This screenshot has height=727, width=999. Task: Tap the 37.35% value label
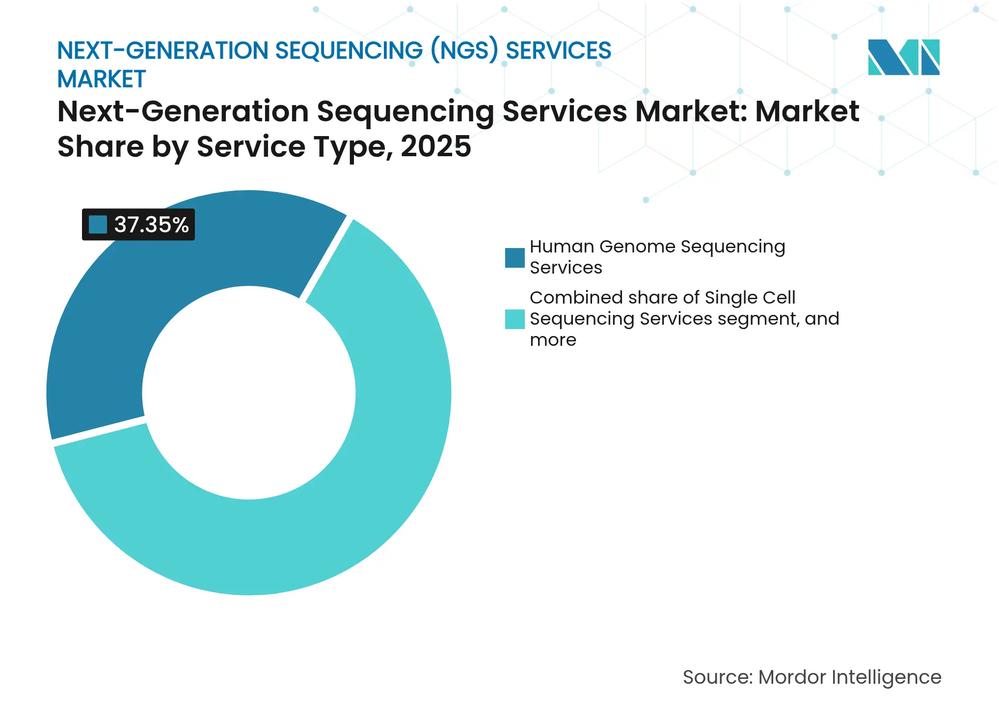pyautogui.click(x=151, y=225)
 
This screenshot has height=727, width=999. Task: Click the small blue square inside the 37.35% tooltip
pyautogui.click(x=98, y=225)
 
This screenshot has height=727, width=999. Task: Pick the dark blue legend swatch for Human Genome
pyautogui.click(x=514, y=258)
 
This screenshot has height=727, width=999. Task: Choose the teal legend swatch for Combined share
pyautogui.click(x=514, y=319)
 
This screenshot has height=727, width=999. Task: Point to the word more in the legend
pyautogui.click(x=553, y=340)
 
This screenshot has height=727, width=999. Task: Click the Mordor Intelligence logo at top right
pyautogui.click(x=903, y=57)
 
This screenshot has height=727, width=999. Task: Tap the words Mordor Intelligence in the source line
pyautogui.click(x=849, y=677)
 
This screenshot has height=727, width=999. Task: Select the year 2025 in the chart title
pyautogui.click(x=435, y=146)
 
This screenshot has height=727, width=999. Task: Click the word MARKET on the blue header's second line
pyautogui.click(x=102, y=80)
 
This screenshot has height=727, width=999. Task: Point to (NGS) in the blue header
pyautogui.click(x=464, y=51)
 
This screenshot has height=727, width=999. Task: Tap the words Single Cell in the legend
pyautogui.click(x=750, y=298)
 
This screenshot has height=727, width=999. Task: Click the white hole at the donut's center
pyautogui.click(x=249, y=393)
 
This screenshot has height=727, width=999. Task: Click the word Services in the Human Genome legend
pyautogui.click(x=566, y=268)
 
